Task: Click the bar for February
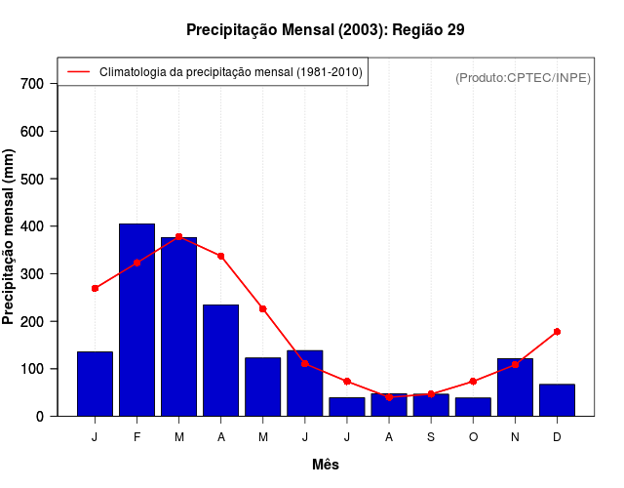(x=136, y=320)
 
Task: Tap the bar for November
(x=515, y=387)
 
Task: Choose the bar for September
(x=431, y=405)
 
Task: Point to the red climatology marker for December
(x=557, y=332)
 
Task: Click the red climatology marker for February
(x=136, y=263)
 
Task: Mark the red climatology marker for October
(x=473, y=382)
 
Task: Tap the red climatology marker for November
(x=515, y=365)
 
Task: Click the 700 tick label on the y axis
(x=31, y=84)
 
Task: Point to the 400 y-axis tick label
(x=31, y=226)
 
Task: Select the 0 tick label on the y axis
(x=39, y=417)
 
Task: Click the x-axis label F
(x=136, y=436)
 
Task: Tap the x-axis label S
(x=431, y=436)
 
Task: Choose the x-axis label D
(x=557, y=436)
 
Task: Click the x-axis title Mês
(x=326, y=465)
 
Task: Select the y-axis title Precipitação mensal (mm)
(x=10, y=236)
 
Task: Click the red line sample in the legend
(x=78, y=72)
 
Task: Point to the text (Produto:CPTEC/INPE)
(x=523, y=77)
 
